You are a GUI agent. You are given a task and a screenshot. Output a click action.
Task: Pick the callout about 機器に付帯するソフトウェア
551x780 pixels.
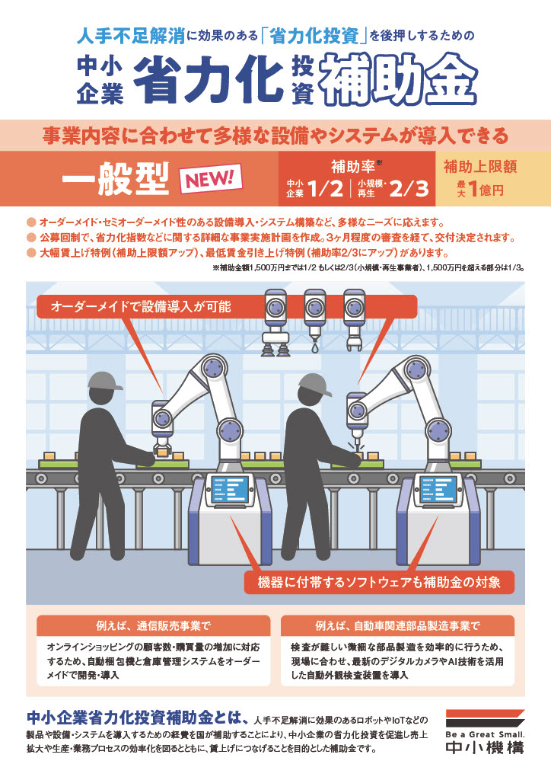(377, 583)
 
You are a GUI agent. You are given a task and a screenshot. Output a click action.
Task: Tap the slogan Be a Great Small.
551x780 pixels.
(484, 734)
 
